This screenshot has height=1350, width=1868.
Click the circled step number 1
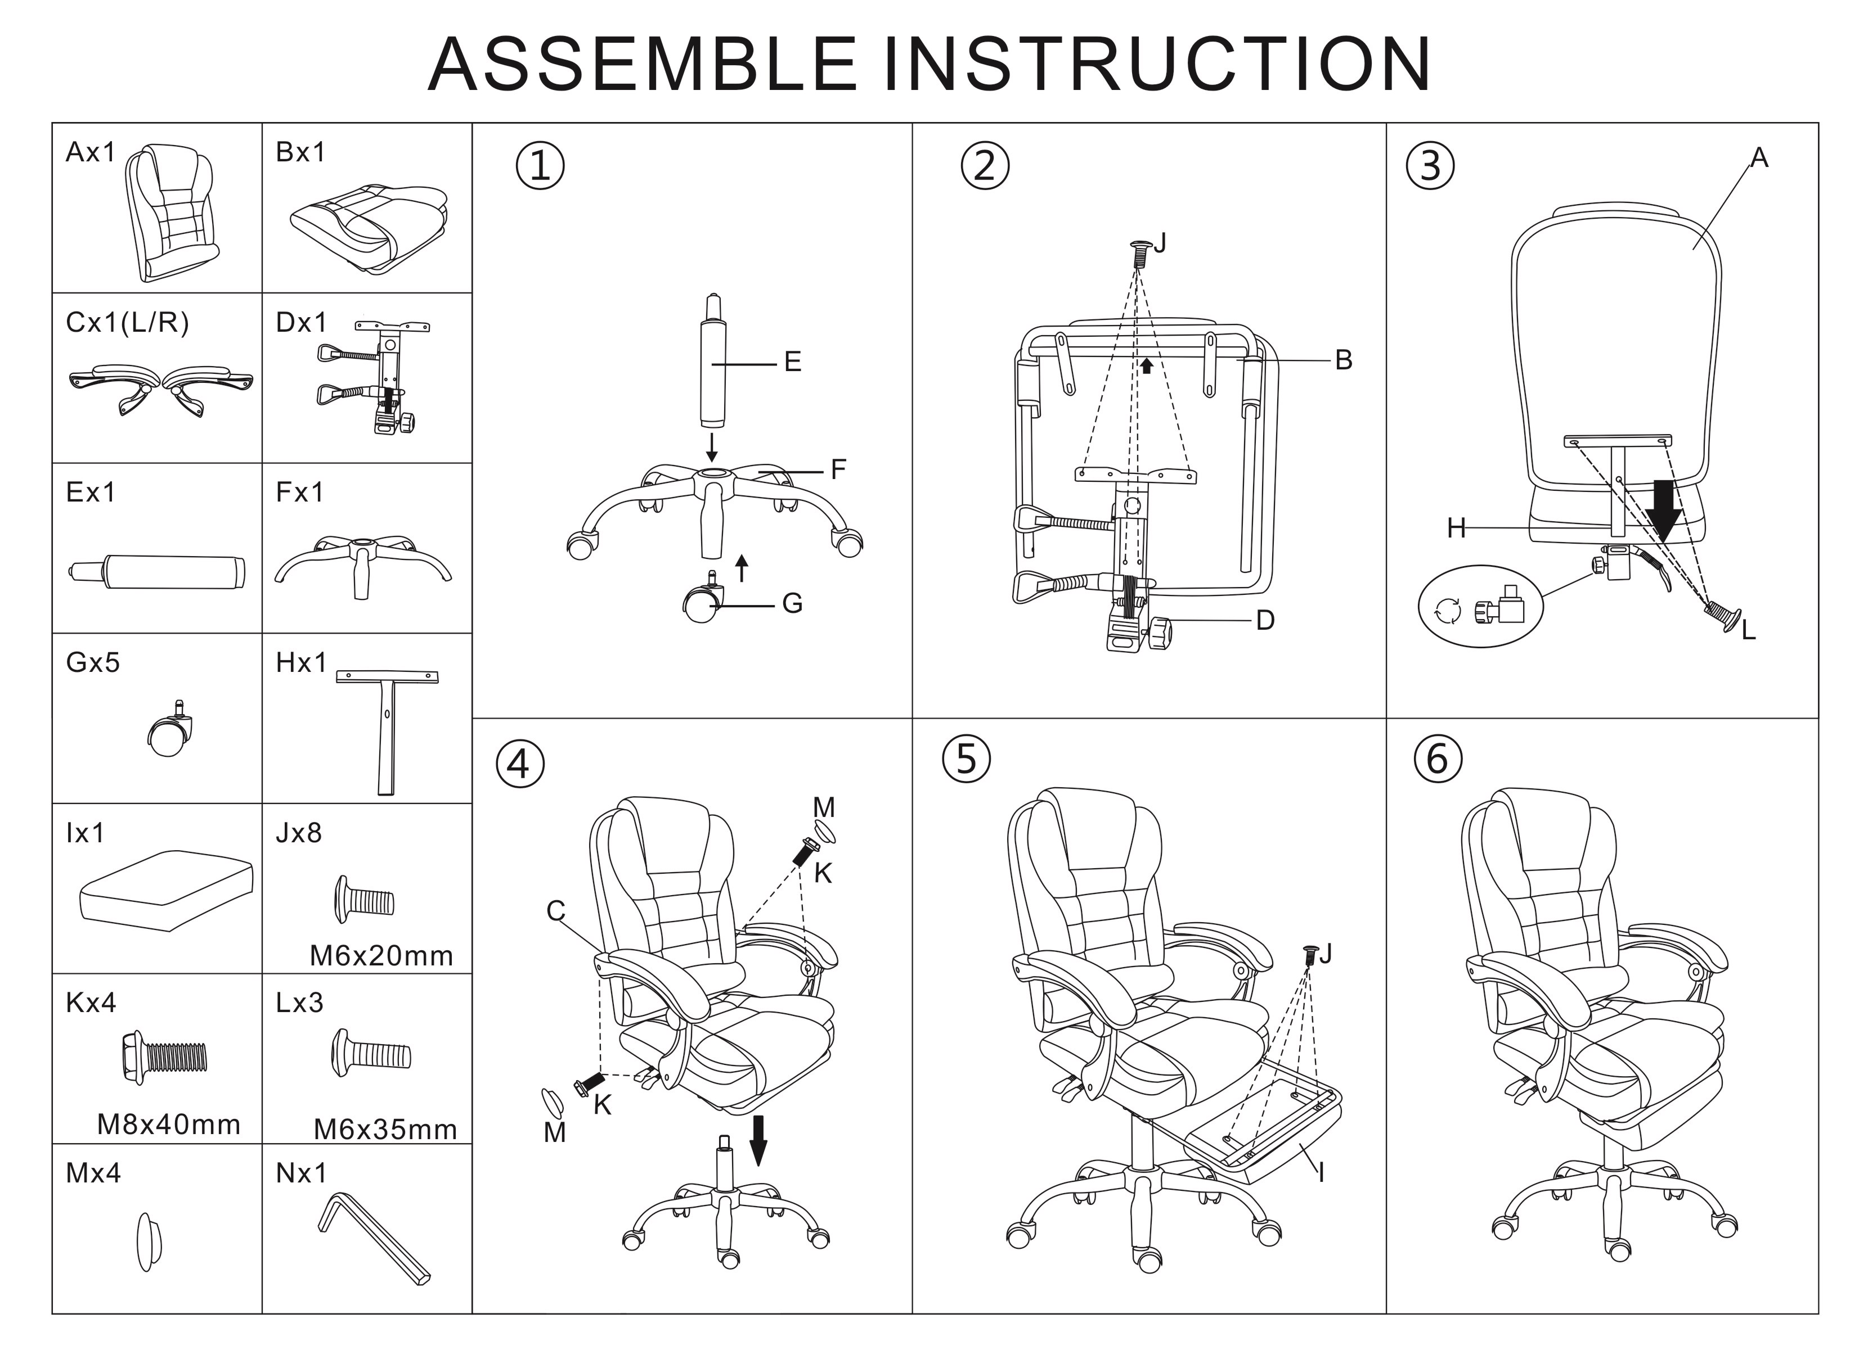540,166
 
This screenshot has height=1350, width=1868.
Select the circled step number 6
1437,759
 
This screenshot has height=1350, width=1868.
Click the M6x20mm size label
381,956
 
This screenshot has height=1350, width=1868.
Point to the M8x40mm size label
169,1125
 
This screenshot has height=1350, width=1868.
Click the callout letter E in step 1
792,362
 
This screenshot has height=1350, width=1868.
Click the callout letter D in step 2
1265,621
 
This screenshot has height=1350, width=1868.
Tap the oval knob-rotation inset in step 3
1480,607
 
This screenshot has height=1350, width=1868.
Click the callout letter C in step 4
556,911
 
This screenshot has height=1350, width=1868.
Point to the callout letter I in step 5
1321,1173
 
